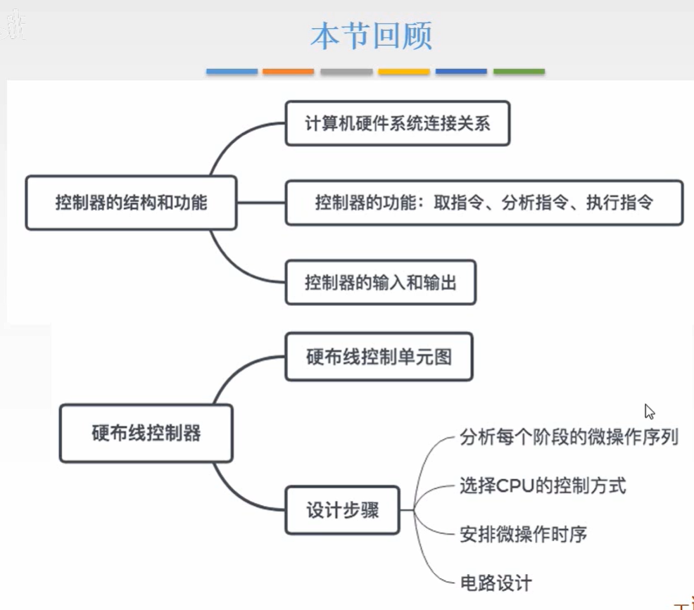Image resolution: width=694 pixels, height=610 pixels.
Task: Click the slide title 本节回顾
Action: pos(371,37)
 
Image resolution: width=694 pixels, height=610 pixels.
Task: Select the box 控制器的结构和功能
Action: pos(131,203)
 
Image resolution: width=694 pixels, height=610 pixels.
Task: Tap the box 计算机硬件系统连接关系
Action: pos(397,124)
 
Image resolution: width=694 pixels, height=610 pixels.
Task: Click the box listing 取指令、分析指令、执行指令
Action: pos(484,203)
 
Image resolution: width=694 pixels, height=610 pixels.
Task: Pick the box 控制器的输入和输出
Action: pos(380,283)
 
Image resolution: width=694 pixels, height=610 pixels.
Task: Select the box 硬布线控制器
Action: pos(146,433)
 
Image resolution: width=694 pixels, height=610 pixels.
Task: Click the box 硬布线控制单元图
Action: pos(378,357)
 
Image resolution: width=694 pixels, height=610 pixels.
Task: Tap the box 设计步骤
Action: pos(342,510)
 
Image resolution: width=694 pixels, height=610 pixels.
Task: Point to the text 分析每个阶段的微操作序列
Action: pos(569,437)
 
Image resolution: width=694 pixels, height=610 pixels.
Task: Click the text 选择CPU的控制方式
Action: pos(542,485)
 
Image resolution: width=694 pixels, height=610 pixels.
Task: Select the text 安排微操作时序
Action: pos(522,534)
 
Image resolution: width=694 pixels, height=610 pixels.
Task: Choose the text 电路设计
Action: pos(496,583)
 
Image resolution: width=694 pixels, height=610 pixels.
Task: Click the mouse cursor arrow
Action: pos(649,412)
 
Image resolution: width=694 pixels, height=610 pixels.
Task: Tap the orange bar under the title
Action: pos(288,72)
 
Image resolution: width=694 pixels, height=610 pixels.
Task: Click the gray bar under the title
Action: pos(346,72)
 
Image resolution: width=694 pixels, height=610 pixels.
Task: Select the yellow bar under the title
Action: pos(403,72)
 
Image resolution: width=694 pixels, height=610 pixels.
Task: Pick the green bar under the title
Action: pos(519,72)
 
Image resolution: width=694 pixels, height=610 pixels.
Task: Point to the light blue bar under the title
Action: pos(232,72)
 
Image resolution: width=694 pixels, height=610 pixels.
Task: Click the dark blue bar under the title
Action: pos(461,72)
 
